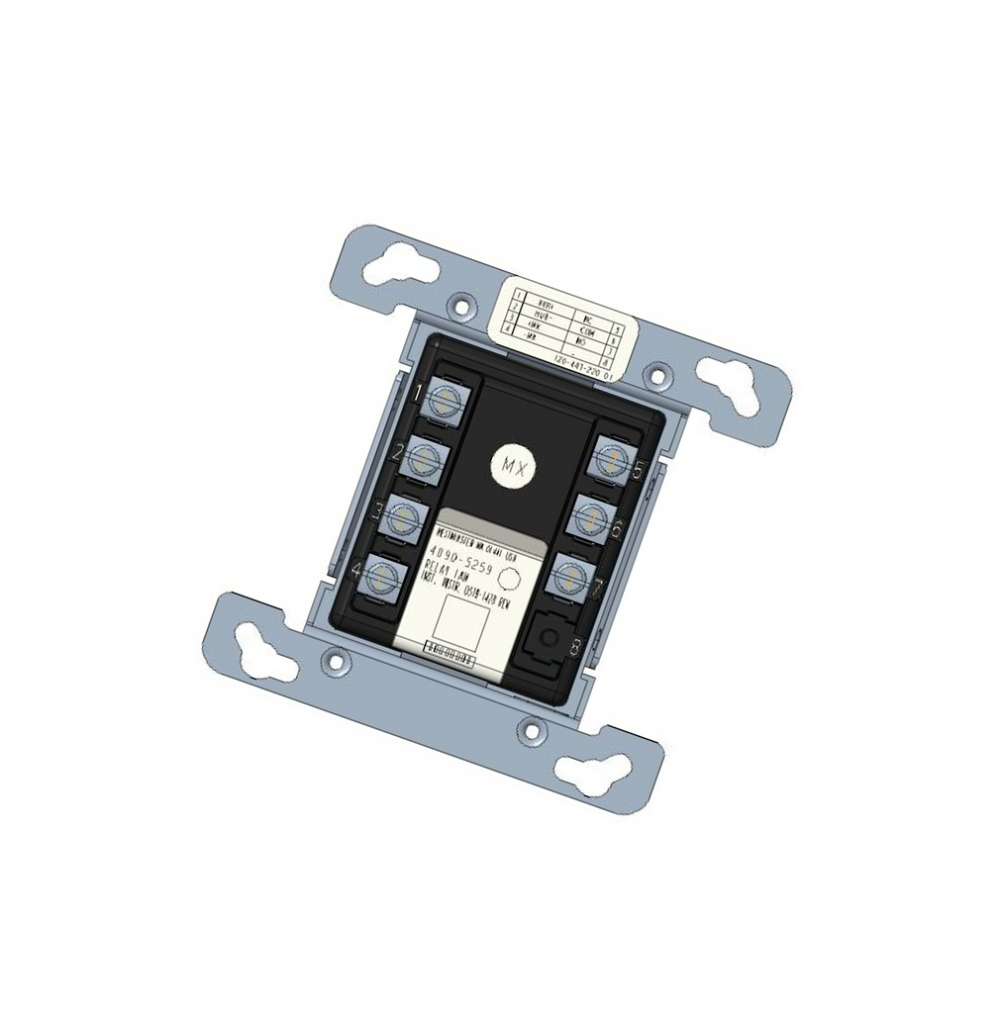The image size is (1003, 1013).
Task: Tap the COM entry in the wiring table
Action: (x=582, y=334)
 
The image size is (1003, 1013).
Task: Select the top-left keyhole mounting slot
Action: (x=401, y=268)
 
